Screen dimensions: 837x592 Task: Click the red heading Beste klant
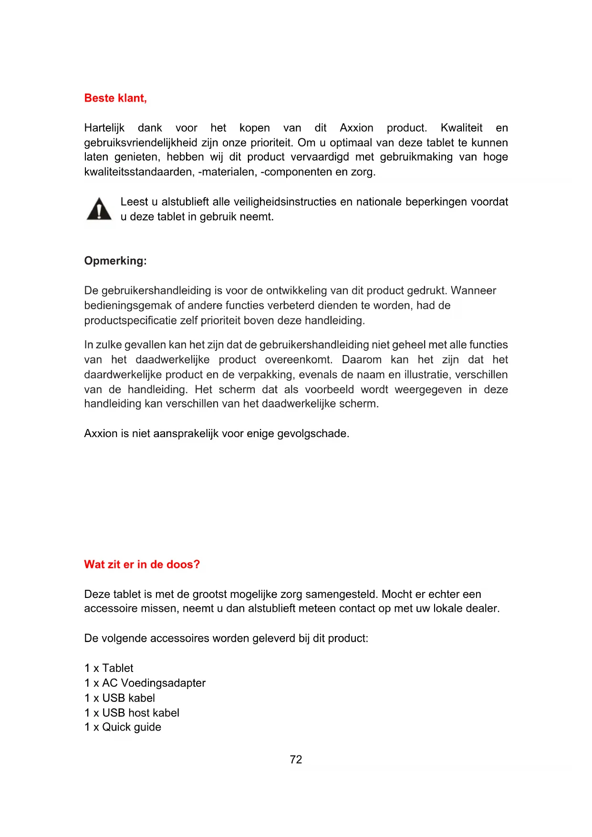(x=115, y=98)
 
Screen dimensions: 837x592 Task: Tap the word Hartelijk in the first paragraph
(x=104, y=128)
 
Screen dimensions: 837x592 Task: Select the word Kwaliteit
(x=461, y=128)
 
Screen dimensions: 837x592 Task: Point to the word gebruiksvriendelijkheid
(x=141, y=143)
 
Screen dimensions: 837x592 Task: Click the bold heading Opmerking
(x=115, y=261)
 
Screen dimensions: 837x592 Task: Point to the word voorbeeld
(x=329, y=389)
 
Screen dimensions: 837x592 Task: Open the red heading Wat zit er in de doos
(x=142, y=565)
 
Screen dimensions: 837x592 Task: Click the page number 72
(x=296, y=760)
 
